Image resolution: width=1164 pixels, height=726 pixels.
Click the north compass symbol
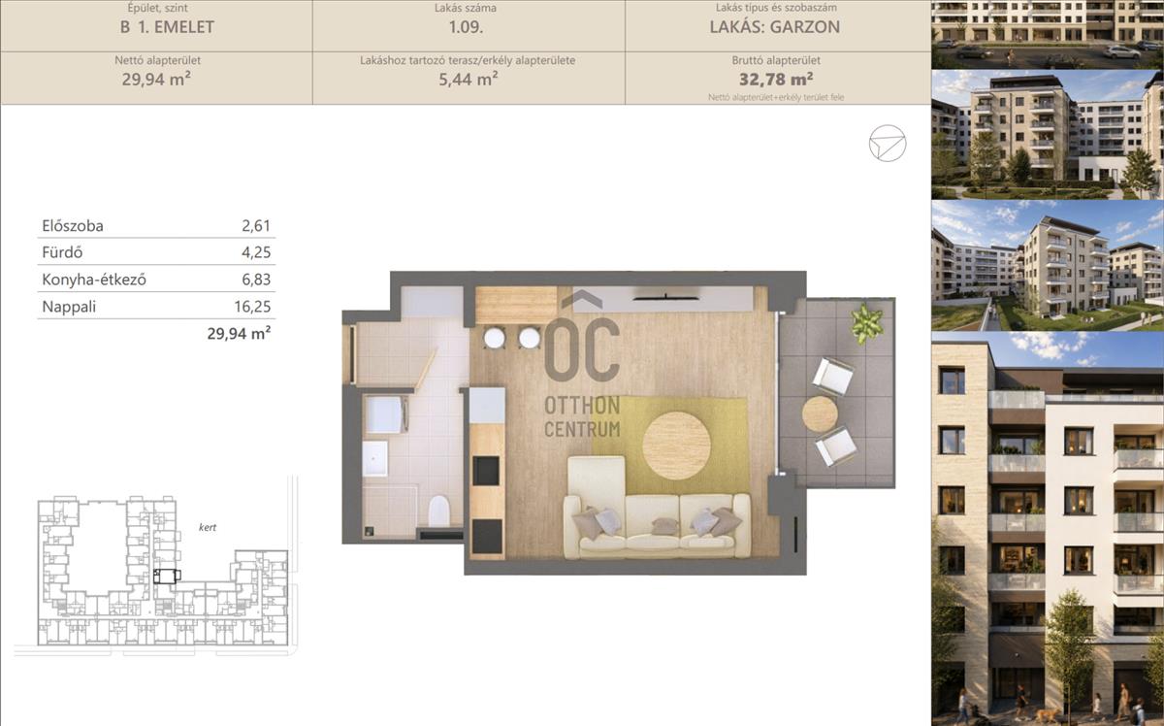click(x=888, y=143)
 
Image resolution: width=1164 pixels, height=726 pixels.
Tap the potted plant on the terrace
click(x=866, y=322)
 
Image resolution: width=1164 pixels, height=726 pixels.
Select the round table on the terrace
click(x=820, y=414)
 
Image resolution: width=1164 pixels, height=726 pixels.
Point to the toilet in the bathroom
click(x=439, y=511)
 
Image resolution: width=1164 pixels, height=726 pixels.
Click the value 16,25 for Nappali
click(x=252, y=307)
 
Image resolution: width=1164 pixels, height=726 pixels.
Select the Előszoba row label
click(x=73, y=226)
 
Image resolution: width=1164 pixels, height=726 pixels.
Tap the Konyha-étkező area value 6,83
click(x=256, y=280)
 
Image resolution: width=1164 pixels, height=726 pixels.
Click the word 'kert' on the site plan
click(x=208, y=527)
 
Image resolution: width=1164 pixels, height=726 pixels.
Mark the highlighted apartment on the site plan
click(x=167, y=577)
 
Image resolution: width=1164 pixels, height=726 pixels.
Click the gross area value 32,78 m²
click(x=776, y=79)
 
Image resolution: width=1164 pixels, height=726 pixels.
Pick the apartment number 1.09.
click(x=467, y=27)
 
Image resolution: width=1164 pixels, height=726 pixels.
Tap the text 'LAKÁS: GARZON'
click(x=775, y=27)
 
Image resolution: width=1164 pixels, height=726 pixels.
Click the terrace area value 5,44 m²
click(x=469, y=79)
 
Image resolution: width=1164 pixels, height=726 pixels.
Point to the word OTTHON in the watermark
click(x=582, y=406)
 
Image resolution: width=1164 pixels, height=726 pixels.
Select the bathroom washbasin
click(x=374, y=459)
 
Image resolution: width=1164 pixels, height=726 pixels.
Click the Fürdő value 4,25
click(x=256, y=252)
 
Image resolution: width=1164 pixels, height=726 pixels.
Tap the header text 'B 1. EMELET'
click(x=167, y=27)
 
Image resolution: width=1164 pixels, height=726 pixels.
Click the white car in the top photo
click(x=1121, y=52)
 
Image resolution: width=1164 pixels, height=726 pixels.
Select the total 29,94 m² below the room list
click(x=239, y=333)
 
